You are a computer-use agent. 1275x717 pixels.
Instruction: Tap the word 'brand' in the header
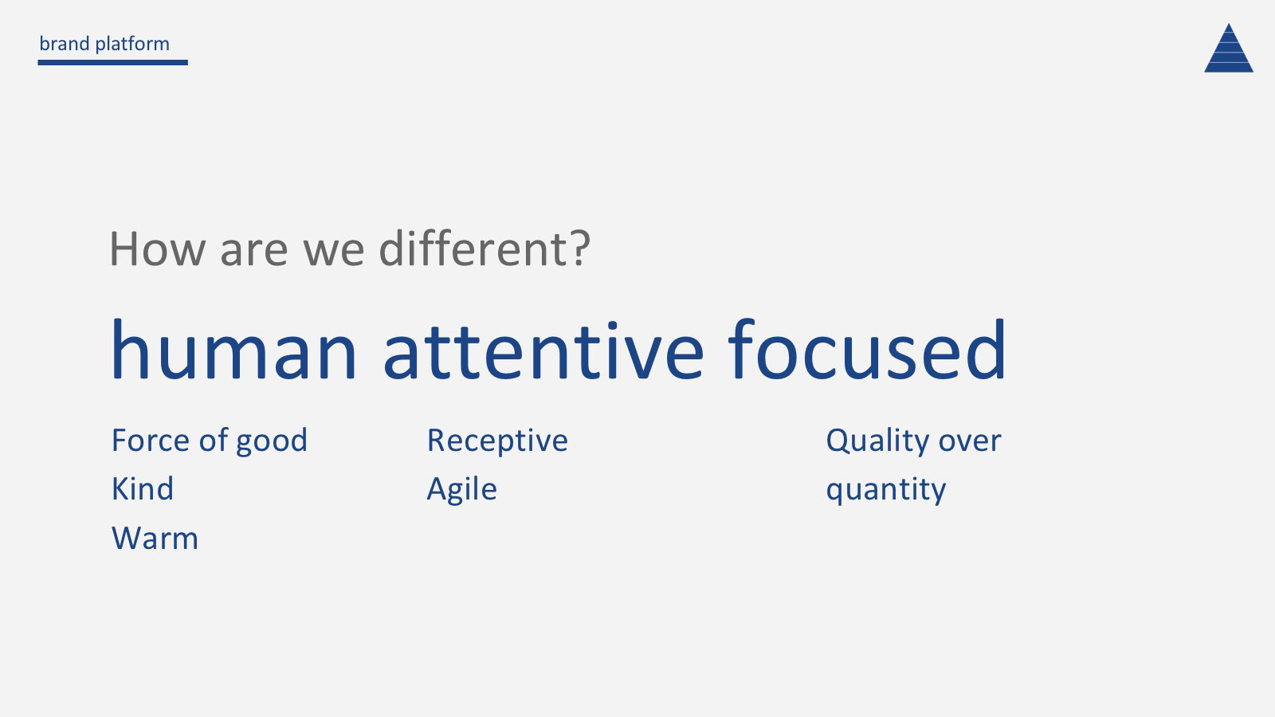coord(65,44)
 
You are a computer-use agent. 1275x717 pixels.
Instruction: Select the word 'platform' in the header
coord(132,45)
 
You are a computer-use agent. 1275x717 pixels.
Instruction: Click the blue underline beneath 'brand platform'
coord(112,63)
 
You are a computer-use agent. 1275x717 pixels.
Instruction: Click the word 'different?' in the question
coord(485,248)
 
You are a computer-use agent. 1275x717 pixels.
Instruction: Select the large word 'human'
coord(234,350)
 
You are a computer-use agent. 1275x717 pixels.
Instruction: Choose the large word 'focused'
coord(867,349)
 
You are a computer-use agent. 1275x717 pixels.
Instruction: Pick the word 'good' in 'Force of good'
coord(272,442)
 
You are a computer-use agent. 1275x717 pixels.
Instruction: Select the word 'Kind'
coord(143,489)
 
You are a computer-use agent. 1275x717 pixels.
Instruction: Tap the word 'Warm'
coord(155,539)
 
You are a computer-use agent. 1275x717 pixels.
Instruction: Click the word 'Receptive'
coord(497,442)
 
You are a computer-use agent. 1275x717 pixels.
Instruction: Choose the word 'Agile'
coord(461,490)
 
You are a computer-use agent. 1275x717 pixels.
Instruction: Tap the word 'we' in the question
coord(334,251)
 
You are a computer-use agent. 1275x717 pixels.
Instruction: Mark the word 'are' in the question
coord(254,251)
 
